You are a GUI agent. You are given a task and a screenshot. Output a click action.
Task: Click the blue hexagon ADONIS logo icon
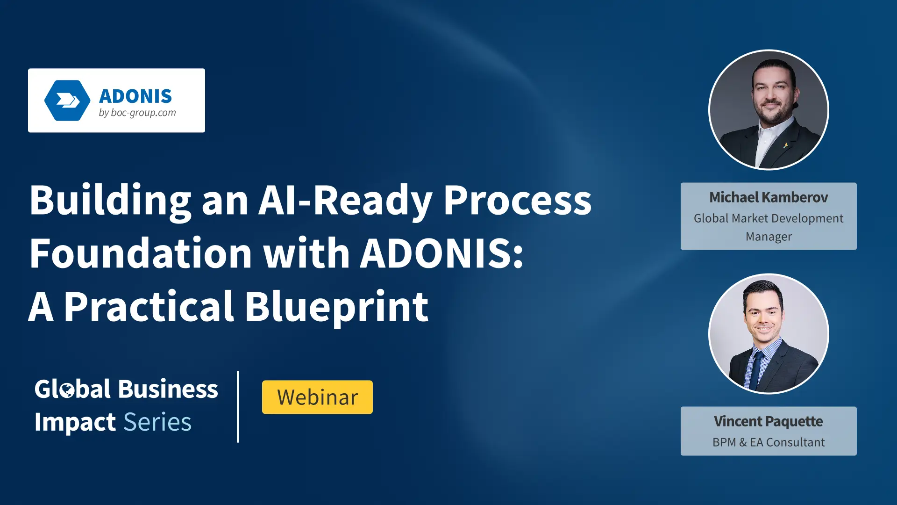click(67, 101)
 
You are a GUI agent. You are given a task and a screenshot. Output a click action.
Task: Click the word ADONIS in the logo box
click(135, 96)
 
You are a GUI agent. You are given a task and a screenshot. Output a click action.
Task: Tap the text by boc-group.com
click(137, 113)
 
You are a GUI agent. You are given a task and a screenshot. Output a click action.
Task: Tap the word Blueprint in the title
click(337, 307)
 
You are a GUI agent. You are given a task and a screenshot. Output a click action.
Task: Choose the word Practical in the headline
click(149, 307)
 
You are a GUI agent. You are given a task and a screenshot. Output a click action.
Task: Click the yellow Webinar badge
click(317, 397)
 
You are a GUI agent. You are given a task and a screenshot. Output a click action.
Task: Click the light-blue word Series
click(157, 422)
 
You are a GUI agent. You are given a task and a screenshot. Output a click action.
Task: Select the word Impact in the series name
click(75, 423)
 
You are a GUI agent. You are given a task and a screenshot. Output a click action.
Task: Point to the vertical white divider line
click(238, 406)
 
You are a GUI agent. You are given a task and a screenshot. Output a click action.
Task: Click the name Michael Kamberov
click(769, 197)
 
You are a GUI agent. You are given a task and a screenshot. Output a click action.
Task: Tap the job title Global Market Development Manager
click(769, 227)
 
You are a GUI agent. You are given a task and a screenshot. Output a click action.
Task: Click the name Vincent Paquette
click(769, 421)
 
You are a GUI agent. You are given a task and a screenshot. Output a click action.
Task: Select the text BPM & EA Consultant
click(769, 442)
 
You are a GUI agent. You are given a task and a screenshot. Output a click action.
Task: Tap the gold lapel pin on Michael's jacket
click(786, 145)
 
